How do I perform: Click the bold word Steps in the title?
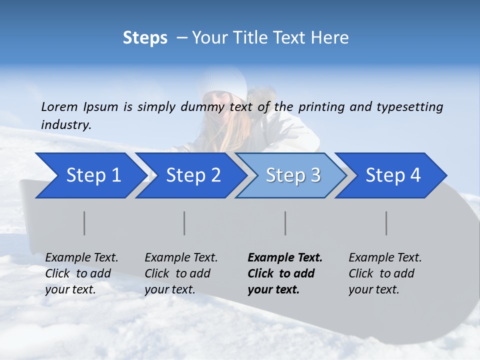pyautogui.click(x=145, y=37)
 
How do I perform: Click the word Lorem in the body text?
pyautogui.click(x=59, y=106)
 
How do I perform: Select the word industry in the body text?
pyautogui.click(x=66, y=124)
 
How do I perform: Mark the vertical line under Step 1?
pyautogui.click(x=84, y=223)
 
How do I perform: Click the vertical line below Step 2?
pyautogui.click(x=184, y=223)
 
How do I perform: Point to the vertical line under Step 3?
pyautogui.click(x=285, y=223)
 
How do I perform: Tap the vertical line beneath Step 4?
pyautogui.click(x=386, y=223)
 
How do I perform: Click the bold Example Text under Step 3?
pyautogui.click(x=285, y=258)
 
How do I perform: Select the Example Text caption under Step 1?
pyautogui.click(x=81, y=258)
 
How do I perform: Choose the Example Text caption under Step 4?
pyautogui.click(x=385, y=258)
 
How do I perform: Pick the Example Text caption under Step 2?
pyautogui.click(x=181, y=258)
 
